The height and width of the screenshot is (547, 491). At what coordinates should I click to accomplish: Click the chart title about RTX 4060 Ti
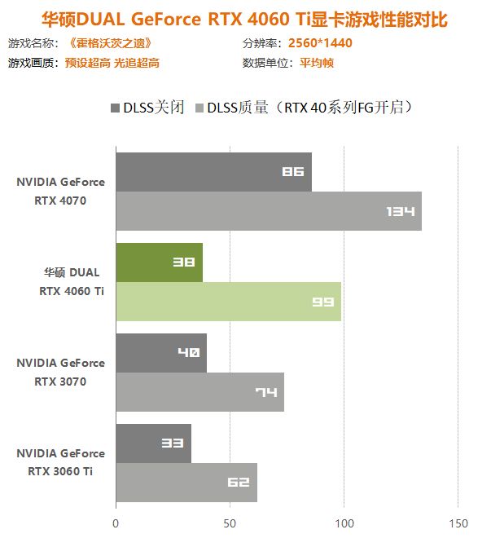tap(245, 18)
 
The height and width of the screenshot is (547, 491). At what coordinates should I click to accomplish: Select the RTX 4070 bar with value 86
tap(213, 172)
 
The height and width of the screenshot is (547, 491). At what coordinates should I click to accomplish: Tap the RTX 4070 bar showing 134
tap(269, 211)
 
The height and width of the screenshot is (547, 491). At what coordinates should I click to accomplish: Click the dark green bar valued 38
tap(159, 262)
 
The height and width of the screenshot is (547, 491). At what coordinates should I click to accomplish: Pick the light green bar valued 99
tap(228, 302)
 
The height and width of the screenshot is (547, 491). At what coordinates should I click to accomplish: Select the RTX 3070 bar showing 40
tap(161, 353)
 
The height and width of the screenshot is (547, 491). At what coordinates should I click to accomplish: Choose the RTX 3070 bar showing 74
tap(199, 392)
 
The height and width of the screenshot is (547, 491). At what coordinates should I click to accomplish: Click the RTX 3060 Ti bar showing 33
tap(153, 443)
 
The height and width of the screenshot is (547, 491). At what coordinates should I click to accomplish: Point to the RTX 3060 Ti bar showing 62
tap(186, 483)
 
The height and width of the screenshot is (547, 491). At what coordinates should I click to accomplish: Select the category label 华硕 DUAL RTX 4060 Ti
tap(72, 281)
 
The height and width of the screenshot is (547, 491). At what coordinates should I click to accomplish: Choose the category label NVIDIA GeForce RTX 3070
tap(60, 372)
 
